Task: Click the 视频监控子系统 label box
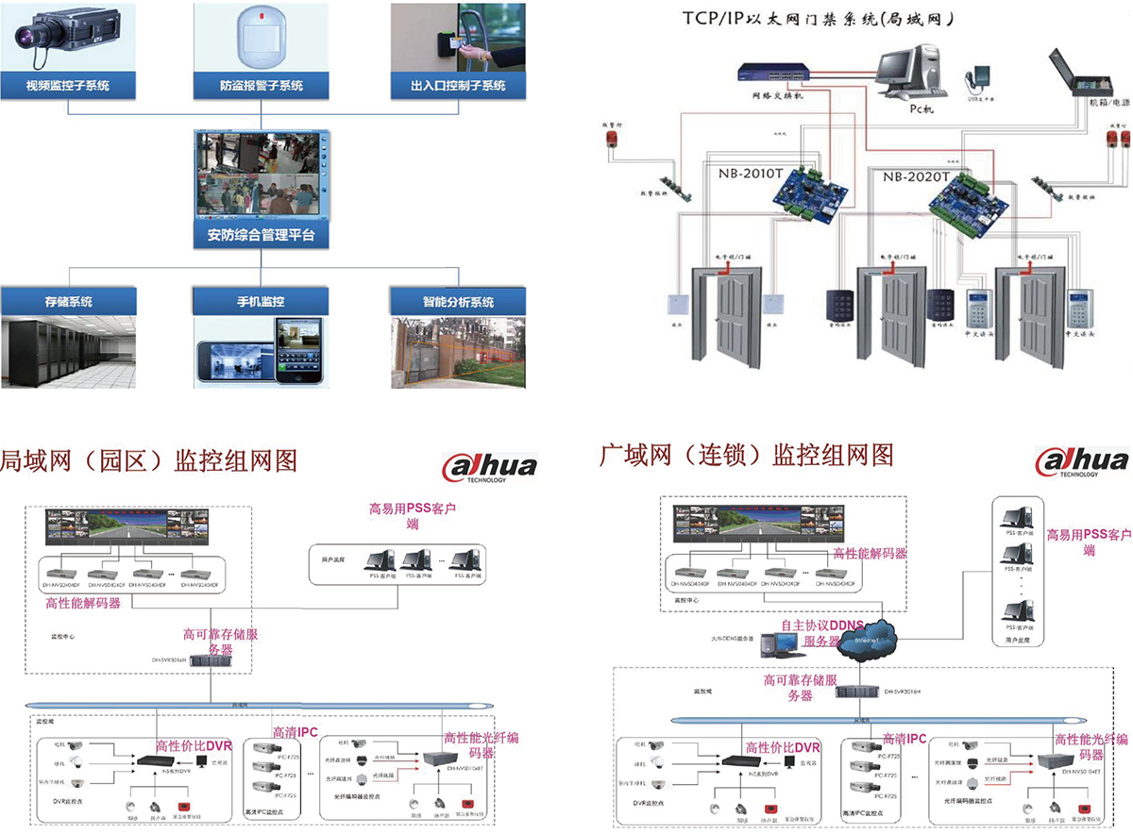point(68,85)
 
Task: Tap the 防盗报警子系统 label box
point(262,85)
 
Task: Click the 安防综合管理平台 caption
point(262,235)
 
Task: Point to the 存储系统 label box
point(68,302)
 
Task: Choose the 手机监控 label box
point(262,302)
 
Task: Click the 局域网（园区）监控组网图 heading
point(149,460)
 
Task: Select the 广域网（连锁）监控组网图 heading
point(746,456)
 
